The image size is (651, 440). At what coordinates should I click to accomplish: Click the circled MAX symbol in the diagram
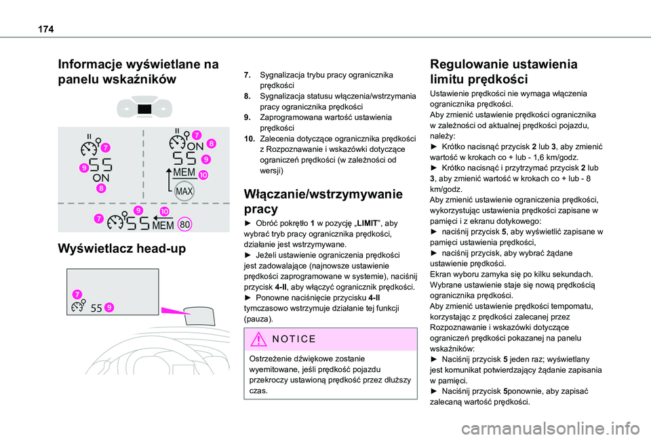point(184,192)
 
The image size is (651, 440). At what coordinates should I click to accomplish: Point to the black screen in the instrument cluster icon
point(143,108)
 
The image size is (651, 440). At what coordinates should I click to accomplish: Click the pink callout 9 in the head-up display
point(109,308)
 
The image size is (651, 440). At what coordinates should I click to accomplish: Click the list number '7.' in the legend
point(248,73)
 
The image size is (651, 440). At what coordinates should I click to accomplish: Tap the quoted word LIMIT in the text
point(351,222)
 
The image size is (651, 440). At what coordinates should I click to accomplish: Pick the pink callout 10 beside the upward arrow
point(203,176)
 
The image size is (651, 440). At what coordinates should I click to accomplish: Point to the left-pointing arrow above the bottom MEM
point(158,217)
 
